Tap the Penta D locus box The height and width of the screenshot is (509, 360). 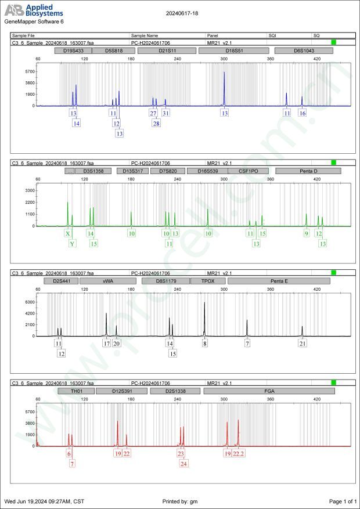(308, 171)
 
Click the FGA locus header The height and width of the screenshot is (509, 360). (269, 391)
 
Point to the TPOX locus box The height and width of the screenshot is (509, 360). (207, 281)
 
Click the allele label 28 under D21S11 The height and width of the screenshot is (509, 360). (156, 123)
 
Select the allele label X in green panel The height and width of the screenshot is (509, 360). (68, 233)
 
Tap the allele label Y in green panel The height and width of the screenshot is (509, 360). (73, 244)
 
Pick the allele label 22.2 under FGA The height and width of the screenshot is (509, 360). (238, 453)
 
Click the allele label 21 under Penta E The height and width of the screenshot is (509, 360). (303, 344)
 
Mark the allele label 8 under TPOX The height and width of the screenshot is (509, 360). (204, 344)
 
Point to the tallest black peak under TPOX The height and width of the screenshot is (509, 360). (204, 304)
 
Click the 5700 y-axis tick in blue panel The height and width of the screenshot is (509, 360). (30, 72)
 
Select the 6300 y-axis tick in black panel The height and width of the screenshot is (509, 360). (30, 302)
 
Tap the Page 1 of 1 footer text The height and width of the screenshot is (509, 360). (343, 501)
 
